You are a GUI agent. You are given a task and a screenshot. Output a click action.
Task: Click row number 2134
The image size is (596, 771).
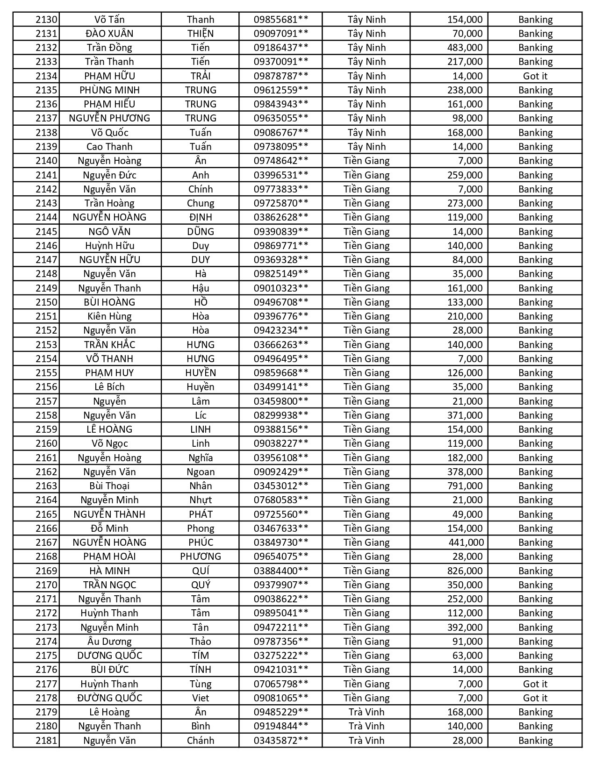click(46, 76)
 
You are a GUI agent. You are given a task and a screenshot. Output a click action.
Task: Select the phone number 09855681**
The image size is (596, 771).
click(281, 20)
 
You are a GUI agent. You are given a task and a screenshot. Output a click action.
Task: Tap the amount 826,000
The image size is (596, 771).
click(465, 571)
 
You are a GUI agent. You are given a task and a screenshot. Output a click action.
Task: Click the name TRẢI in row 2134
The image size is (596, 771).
click(201, 76)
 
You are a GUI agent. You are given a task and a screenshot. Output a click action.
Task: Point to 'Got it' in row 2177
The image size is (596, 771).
click(535, 684)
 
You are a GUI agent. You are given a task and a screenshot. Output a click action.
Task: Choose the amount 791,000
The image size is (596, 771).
click(465, 486)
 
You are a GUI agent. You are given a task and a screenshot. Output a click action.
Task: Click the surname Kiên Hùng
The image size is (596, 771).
click(109, 316)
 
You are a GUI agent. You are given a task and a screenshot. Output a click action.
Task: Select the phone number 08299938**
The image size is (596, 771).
click(281, 415)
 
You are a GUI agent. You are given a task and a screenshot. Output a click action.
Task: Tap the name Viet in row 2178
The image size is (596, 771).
click(201, 698)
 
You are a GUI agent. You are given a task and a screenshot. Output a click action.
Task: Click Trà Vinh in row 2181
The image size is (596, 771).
click(366, 740)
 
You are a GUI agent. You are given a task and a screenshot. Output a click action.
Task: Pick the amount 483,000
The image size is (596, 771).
click(465, 48)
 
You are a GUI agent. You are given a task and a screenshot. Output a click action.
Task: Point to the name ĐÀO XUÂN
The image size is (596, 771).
click(109, 34)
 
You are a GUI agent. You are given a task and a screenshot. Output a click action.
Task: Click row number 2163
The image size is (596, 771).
click(46, 486)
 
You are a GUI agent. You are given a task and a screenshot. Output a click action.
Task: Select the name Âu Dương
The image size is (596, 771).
click(109, 641)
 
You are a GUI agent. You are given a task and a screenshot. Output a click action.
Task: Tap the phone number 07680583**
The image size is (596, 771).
click(281, 500)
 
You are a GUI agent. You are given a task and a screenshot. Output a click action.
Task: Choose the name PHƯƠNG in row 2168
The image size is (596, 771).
click(201, 557)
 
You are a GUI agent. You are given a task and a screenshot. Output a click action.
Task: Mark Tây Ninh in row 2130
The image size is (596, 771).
click(366, 20)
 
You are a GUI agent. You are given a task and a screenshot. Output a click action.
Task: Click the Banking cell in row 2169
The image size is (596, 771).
click(535, 571)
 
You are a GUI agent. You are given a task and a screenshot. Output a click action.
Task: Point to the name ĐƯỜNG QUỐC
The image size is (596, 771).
click(109, 698)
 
